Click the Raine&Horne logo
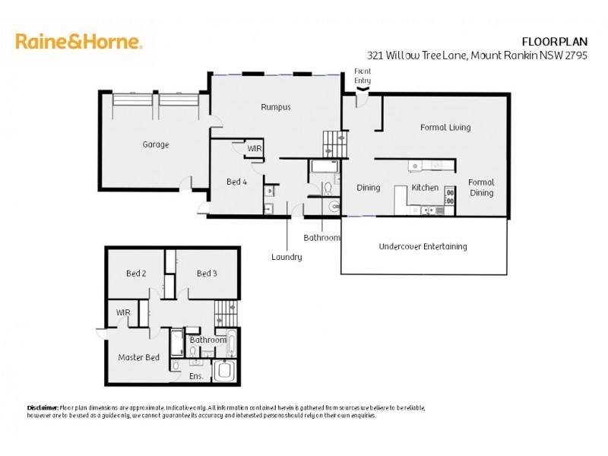pos(79,41)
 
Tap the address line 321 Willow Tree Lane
pos(477,55)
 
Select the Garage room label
pos(155,144)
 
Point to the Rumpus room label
pos(275,107)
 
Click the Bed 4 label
pos(236,182)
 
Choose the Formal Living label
pos(445,128)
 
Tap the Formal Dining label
pos(481,187)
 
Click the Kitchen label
pos(425,187)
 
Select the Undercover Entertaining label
pos(423,246)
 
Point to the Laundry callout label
pos(287,257)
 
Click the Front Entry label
pos(363,74)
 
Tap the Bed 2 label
pos(136,274)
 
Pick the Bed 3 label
pos(207,274)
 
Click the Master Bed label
pos(138,357)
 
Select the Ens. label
pos(195,376)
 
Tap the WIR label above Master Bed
pos(123,312)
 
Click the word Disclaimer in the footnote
pos(43,408)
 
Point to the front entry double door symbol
pos(363,90)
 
